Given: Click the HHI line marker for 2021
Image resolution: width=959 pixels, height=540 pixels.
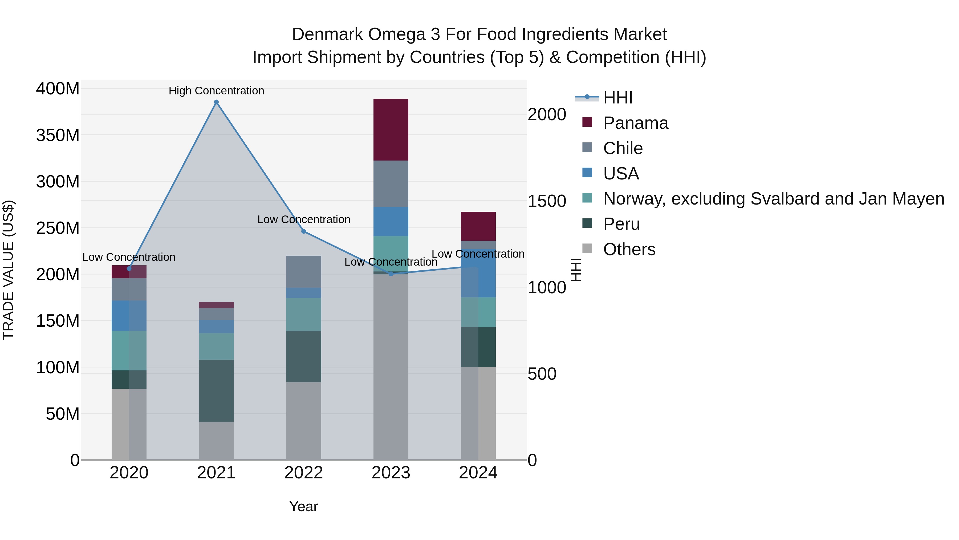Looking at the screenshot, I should [x=216, y=102].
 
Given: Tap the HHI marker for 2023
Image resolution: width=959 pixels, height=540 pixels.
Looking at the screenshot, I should [x=391, y=274].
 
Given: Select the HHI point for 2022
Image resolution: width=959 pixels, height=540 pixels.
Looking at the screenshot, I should [x=303, y=231].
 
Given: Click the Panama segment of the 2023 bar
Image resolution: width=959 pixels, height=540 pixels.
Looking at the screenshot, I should [x=391, y=130].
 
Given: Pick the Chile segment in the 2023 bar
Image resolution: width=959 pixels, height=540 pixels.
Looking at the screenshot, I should [x=391, y=184].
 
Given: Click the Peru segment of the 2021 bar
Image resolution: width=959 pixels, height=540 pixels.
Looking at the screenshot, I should [x=216, y=391].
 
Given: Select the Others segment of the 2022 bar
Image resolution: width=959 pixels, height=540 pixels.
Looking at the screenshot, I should [x=303, y=421].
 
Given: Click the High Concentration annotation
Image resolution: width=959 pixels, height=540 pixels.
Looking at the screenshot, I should [x=216, y=91].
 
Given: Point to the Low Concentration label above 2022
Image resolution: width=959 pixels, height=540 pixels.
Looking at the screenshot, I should [x=303, y=219].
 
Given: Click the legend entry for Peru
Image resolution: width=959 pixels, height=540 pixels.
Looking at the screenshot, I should [x=621, y=224].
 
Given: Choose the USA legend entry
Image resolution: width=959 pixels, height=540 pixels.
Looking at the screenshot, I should [x=621, y=174].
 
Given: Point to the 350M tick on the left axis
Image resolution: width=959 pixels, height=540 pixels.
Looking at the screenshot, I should [x=58, y=135].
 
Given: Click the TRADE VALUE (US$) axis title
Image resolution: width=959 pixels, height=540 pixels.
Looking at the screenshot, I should [x=8, y=270].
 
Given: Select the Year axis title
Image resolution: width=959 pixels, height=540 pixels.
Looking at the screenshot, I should [x=303, y=506].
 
